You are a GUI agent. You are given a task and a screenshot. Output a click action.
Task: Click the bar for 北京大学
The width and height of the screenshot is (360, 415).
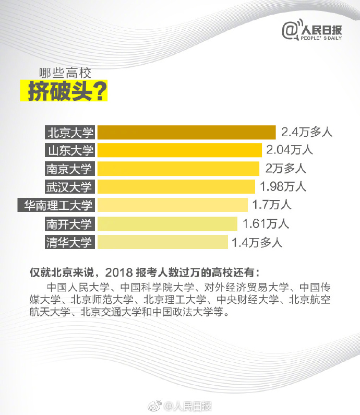(x=186, y=132)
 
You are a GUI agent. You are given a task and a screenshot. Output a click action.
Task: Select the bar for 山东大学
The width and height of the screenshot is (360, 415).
(x=179, y=150)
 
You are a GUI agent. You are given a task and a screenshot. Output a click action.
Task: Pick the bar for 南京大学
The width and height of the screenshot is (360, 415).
(x=178, y=169)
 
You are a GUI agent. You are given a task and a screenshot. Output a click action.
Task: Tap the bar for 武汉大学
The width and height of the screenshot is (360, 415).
(x=176, y=186)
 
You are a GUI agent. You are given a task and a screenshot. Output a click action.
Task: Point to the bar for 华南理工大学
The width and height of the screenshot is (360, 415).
(x=173, y=205)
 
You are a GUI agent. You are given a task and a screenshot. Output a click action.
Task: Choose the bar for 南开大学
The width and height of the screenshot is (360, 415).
(x=167, y=224)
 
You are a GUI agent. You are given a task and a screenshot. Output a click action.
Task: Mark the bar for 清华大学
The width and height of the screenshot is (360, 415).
(x=163, y=242)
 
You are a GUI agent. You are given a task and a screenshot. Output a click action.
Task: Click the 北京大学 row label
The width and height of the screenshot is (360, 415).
(x=69, y=132)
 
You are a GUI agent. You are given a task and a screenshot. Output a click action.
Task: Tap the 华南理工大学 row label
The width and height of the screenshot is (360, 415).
(x=56, y=205)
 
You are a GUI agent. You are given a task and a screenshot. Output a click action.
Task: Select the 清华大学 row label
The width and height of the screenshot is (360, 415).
(x=69, y=242)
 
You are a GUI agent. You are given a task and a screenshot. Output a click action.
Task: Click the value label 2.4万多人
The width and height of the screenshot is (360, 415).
(x=306, y=132)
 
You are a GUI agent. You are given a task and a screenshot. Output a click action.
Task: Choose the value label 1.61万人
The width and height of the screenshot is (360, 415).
(x=266, y=224)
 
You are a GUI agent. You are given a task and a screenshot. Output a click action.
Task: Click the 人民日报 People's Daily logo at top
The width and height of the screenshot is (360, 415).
(x=312, y=32)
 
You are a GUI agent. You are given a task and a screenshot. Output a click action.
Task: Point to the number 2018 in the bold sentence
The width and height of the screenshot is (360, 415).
(x=119, y=272)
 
